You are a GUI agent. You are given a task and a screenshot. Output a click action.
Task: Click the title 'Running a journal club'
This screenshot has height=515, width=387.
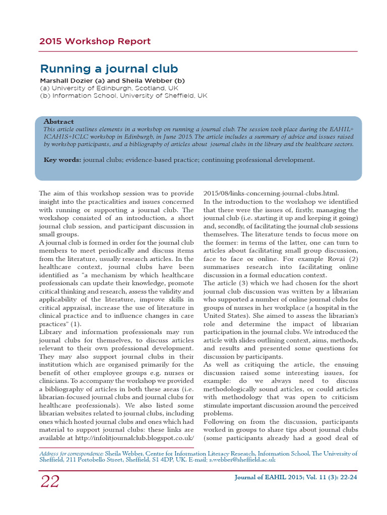[109, 68]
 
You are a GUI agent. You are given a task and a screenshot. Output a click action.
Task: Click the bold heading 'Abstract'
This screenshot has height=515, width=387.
[58, 122]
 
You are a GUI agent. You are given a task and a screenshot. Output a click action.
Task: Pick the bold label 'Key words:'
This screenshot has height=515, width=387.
[62, 160]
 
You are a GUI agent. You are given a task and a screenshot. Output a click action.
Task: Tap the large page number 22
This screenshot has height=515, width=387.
[50, 481]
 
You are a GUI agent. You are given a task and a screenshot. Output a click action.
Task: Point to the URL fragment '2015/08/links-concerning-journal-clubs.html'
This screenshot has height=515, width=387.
[271, 193]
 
